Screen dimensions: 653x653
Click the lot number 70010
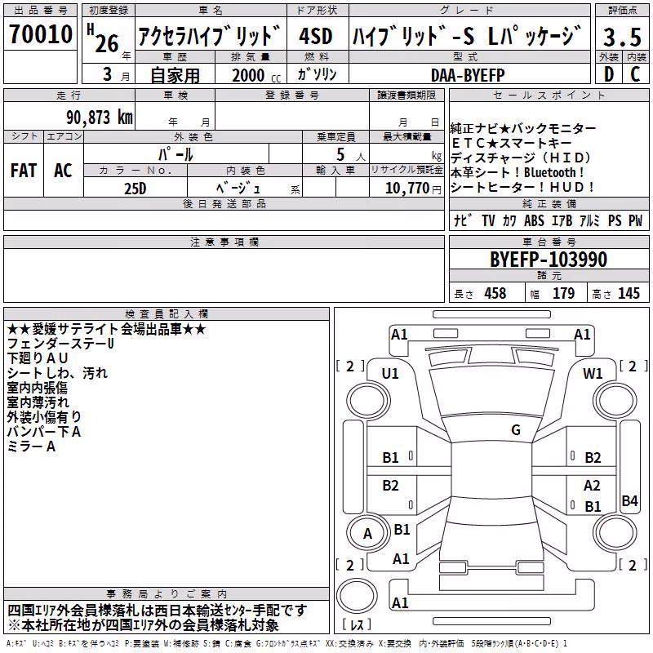point(41,33)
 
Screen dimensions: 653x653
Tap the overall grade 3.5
point(622,37)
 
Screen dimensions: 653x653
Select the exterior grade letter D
point(609,74)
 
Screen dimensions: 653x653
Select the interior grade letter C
point(635,74)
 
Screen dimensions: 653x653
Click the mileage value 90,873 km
point(100,118)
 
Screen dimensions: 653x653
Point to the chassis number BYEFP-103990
point(549,260)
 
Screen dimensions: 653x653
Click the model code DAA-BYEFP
point(468,75)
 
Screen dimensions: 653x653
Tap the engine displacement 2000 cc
point(256,75)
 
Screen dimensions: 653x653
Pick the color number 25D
point(135,189)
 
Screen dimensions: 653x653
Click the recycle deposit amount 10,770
point(407,189)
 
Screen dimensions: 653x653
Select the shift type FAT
point(24,171)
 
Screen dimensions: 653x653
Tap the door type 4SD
point(316,36)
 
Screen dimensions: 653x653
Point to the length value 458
point(495,293)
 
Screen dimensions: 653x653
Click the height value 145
point(629,293)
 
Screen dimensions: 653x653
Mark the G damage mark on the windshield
point(516,430)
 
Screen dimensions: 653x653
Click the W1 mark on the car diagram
point(593,374)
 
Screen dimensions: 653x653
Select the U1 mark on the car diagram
point(390,374)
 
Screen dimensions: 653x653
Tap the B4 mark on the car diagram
point(629,500)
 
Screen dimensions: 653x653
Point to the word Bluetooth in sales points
point(549,172)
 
